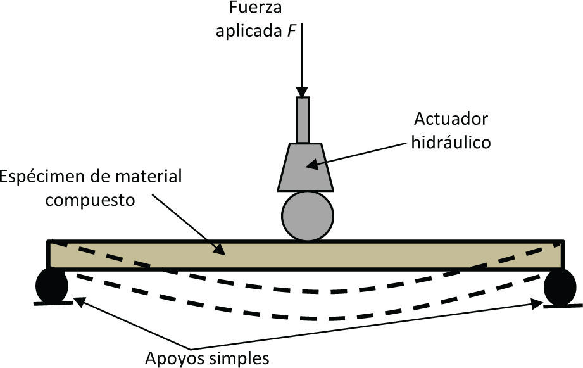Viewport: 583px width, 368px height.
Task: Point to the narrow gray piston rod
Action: click(x=303, y=120)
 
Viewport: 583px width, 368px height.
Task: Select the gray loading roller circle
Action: click(x=307, y=216)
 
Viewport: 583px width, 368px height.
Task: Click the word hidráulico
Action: click(x=451, y=142)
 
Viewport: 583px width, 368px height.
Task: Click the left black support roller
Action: click(x=52, y=286)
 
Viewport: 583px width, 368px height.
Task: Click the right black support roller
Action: click(x=560, y=287)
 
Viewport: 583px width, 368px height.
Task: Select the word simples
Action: click(x=238, y=358)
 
